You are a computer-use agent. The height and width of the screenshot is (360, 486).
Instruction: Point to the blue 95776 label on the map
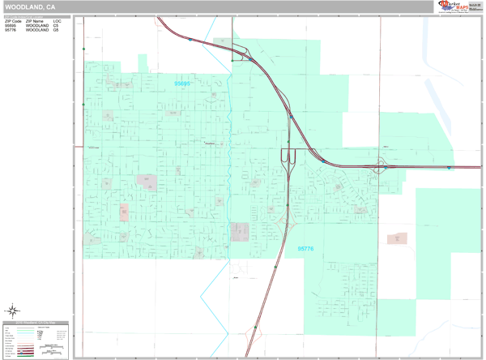307,250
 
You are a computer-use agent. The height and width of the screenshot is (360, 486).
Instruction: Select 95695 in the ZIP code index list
11,26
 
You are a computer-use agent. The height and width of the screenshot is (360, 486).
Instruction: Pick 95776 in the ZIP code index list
11,31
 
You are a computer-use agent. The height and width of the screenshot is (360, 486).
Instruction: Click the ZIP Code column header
13,21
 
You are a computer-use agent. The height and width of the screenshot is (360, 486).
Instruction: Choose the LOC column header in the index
57,21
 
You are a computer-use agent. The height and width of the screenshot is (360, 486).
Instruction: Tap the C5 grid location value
56,26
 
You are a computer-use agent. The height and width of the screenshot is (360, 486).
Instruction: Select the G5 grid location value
56,31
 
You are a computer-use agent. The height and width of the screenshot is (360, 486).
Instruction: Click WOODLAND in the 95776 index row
36,31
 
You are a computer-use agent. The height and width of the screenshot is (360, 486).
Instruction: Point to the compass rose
14,310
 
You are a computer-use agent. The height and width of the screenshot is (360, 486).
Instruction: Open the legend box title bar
36,323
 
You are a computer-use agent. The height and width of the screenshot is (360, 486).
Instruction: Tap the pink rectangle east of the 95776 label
398,239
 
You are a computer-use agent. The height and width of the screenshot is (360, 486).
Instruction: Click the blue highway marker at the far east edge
449,168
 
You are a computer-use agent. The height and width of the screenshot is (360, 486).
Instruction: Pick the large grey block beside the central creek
240,232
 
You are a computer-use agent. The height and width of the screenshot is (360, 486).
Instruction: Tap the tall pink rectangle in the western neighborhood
124,212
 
